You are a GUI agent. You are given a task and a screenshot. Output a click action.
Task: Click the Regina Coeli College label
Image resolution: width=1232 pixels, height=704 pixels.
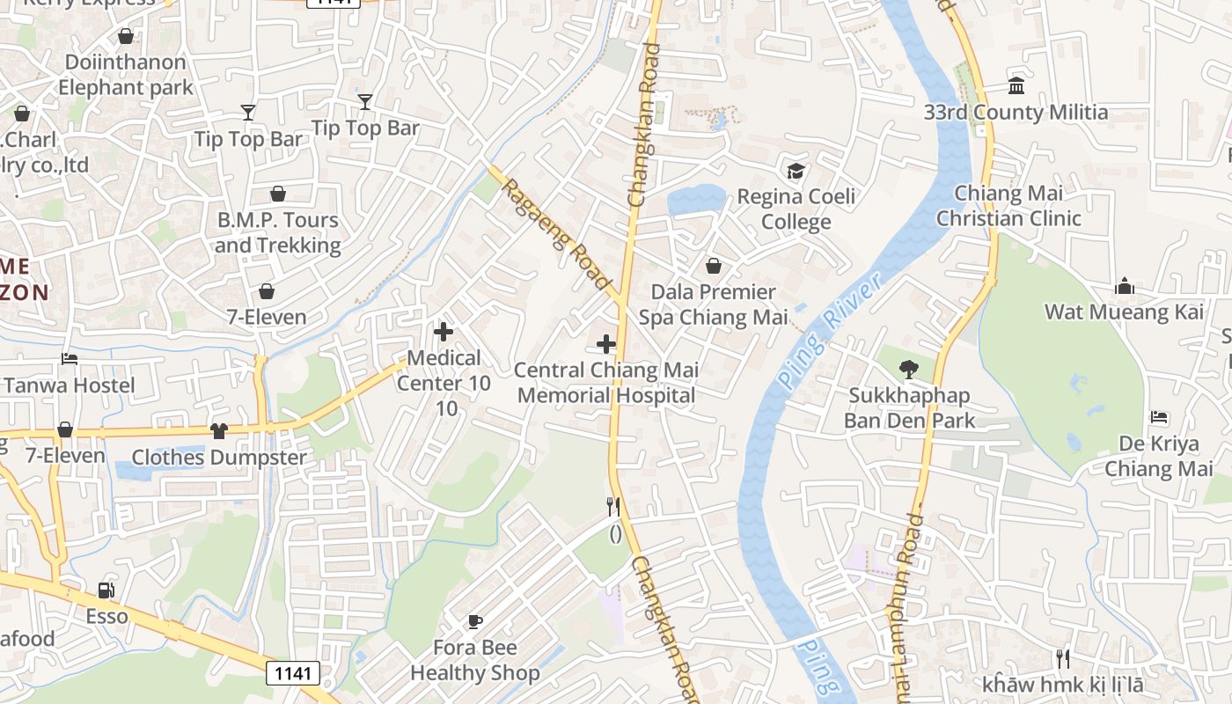(796, 209)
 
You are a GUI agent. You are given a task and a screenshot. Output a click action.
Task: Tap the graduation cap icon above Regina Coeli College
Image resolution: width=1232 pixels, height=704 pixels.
(796, 171)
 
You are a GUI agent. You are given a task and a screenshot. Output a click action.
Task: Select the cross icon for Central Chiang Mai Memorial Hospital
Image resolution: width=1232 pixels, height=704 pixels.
(606, 344)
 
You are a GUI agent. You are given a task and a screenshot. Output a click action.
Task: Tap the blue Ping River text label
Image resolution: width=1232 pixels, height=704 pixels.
(829, 333)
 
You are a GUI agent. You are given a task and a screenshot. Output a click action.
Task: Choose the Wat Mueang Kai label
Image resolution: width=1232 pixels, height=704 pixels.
(1124, 312)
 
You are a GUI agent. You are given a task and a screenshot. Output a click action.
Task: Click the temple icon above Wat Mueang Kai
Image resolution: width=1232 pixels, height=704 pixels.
(1124, 286)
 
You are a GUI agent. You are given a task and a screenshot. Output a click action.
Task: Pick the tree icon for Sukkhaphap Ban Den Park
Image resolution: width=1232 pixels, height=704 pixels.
(909, 370)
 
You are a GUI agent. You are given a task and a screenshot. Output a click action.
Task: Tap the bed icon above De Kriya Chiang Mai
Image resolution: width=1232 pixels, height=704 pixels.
(1159, 417)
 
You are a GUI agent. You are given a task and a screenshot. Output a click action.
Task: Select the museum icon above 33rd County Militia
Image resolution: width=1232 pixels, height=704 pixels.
(1016, 86)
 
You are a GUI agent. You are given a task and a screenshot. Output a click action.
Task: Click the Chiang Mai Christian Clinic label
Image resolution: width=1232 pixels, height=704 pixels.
(1008, 206)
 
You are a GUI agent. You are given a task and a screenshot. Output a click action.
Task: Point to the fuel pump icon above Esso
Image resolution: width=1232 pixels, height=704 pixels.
(106, 590)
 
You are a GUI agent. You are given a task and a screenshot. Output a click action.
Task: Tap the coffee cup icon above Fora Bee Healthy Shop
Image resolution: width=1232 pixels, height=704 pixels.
(475, 622)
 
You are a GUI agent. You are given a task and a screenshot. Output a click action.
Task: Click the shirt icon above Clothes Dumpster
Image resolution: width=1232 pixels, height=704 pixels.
(218, 431)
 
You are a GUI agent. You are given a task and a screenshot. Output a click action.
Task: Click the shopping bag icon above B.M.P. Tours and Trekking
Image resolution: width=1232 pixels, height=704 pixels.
(278, 194)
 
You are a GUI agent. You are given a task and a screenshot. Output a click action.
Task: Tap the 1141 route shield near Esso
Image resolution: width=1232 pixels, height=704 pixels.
(292, 673)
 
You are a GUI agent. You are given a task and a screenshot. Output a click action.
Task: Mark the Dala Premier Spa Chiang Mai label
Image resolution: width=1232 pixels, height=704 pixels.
(713, 304)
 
